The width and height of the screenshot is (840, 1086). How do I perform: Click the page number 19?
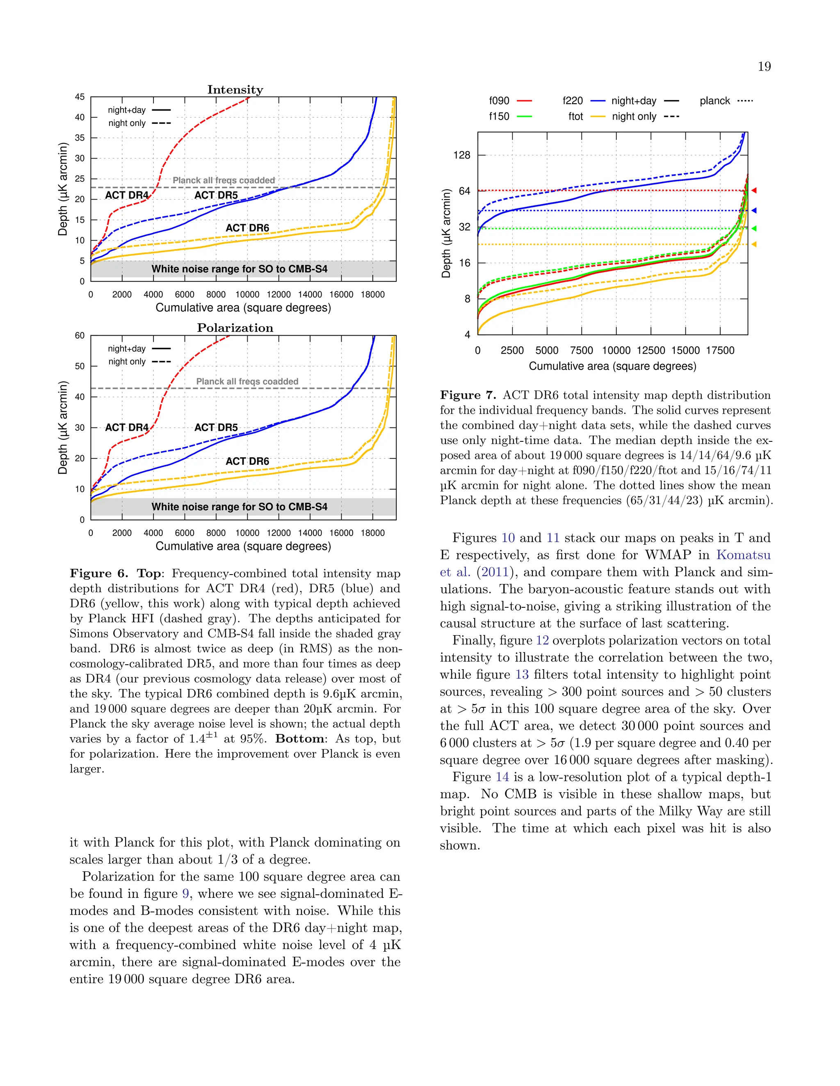point(764,67)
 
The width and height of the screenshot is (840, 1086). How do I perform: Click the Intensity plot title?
point(235,89)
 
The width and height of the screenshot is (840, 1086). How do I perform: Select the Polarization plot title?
point(235,328)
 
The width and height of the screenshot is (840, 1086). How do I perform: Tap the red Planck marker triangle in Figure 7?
point(754,191)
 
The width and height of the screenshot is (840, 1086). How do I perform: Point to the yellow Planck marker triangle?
point(754,244)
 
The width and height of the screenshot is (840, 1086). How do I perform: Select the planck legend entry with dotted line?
point(726,101)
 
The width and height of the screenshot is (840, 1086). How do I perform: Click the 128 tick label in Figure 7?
point(461,155)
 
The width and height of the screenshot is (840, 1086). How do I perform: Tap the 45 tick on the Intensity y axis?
point(80,97)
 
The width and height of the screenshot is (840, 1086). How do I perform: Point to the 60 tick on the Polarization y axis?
point(80,336)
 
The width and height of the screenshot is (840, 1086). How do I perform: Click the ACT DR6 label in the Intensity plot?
point(247,228)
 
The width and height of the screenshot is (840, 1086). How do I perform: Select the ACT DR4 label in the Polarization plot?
point(127,427)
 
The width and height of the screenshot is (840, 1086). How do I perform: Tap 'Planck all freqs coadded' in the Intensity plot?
point(224,180)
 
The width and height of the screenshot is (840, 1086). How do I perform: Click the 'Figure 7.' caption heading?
point(468,395)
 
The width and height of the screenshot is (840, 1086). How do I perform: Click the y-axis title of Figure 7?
point(446,233)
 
